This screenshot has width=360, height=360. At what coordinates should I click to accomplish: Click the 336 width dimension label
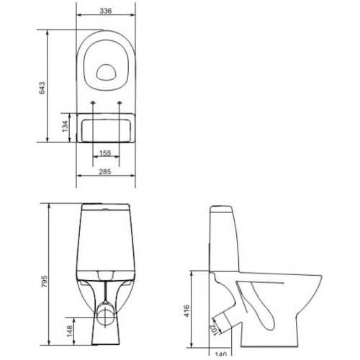click(106, 11)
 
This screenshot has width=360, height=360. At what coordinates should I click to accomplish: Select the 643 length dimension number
click(42, 88)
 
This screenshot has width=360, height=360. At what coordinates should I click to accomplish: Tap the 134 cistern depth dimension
click(65, 126)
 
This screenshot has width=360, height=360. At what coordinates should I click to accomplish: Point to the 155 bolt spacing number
click(105, 153)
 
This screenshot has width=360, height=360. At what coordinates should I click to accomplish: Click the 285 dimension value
click(105, 171)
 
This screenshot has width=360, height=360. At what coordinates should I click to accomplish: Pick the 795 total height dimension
click(45, 282)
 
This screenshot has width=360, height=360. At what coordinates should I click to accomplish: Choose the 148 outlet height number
click(70, 331)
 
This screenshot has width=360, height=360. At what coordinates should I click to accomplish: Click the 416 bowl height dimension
click(186, 311)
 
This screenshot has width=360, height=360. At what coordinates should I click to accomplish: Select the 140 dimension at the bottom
click(220, 354)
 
